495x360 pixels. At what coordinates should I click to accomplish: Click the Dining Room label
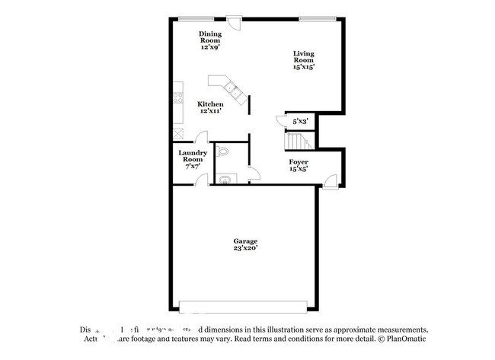tap(209, 40)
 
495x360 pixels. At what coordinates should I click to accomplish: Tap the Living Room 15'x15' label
tap(304, 59)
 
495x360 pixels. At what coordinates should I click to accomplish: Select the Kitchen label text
tap(210, 107)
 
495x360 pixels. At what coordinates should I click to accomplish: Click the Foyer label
tap(298, 165)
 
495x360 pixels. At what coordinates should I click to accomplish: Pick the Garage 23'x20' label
tap(245, 244)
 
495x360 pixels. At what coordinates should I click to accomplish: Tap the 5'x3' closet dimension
tap(300, 120)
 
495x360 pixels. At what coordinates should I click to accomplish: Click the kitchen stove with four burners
tap(178, 97)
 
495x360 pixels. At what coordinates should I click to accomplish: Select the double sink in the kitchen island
tap(237, 94)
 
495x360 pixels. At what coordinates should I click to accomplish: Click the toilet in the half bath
tap(222, 154)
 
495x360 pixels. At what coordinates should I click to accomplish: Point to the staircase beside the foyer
tap(295, 142)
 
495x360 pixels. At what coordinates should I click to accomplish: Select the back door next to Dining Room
tap(236, 22)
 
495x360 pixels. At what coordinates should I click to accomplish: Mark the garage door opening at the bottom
tap(245, 307)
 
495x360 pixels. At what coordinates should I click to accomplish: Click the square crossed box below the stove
tap(178, 130)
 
